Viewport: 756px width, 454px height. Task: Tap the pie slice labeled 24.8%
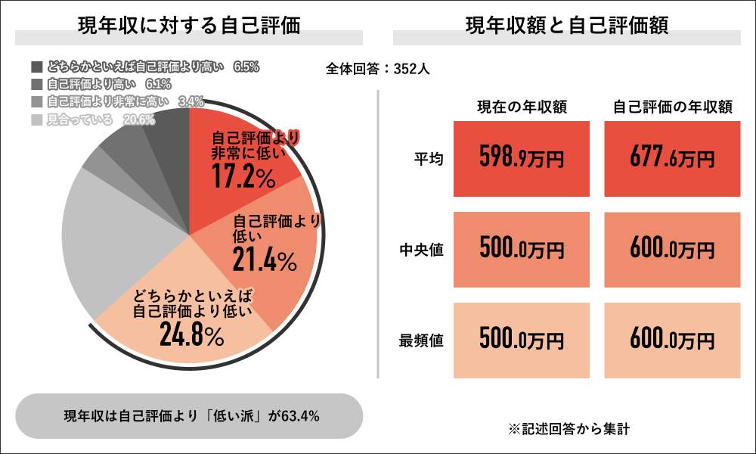tap(189, 318)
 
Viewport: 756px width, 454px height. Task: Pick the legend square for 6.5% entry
tap(36, 67)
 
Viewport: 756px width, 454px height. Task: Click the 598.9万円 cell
tap(522, 159)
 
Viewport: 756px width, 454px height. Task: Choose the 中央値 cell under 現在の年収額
tap(522, 250)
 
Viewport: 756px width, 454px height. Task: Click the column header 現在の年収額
tap(522, 107)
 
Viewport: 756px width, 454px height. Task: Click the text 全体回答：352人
tap(378, 69)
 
